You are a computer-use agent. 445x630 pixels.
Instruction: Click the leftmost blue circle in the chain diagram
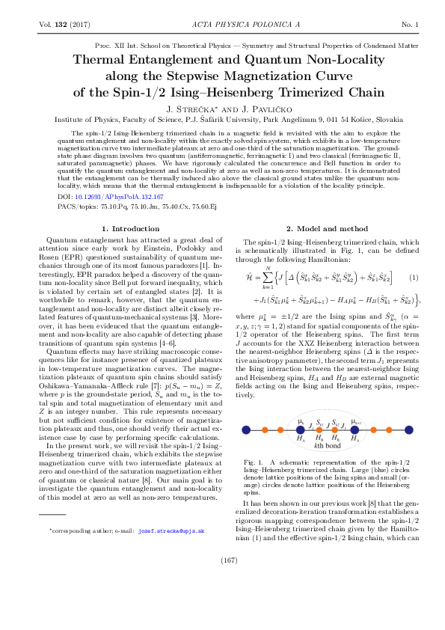coord(248,429)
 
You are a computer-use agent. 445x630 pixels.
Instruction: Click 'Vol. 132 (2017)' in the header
coord(64,25)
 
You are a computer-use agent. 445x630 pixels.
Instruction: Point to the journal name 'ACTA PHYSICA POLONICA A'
coord(222,25)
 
